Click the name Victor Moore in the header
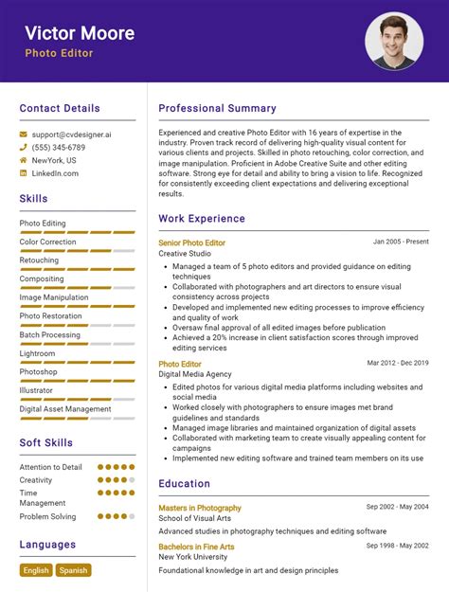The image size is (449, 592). click(80, 33)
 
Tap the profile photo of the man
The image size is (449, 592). click(393, 41)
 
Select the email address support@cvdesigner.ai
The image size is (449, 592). click(71, 135)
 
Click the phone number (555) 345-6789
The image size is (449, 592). click(58, 148)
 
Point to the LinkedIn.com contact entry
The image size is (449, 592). click(55, 173)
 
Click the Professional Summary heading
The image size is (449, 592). click(217, 108)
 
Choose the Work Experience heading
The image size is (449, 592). click(202, 219)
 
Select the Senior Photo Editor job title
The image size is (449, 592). click(191, 242)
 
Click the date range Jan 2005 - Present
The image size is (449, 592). click(401, 242)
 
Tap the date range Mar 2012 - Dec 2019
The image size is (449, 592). click(398, 363)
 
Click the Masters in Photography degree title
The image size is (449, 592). click(200, 508)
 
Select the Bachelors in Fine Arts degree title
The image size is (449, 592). click(196, 547)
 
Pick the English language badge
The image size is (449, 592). click(36, 570)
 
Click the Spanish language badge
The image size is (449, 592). click(73, 570)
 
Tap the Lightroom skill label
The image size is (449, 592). click(38, 353)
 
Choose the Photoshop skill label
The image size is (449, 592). click(39, 372)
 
